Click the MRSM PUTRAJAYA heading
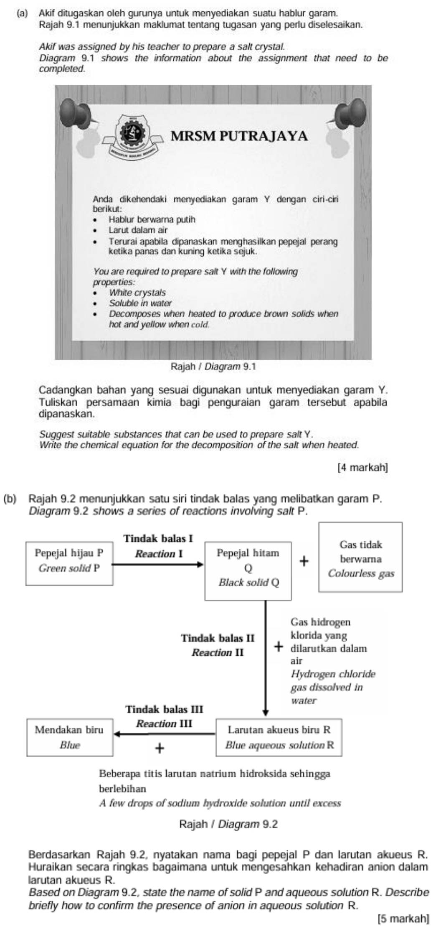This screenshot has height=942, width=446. click(239, 136)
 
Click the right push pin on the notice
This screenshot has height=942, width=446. click(353, 111)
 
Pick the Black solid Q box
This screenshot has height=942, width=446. click(248, 570)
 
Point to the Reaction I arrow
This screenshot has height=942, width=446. click(158, 565)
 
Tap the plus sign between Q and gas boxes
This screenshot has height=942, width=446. click(304, 561)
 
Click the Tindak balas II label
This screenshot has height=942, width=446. click(218, 638)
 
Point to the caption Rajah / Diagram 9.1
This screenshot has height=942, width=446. click(213, 367)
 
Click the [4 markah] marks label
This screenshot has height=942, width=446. click(362, 467)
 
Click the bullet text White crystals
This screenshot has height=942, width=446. click(137, 293)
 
